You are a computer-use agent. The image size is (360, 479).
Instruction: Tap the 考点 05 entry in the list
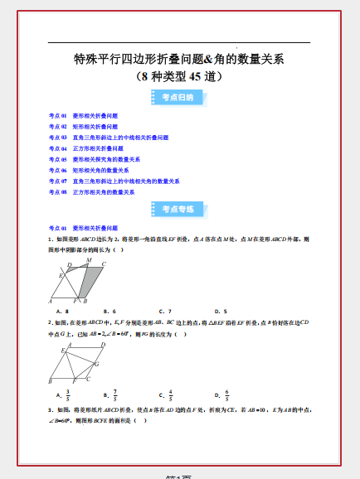point(95,159)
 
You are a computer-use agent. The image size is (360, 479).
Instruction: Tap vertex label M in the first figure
point(89,260)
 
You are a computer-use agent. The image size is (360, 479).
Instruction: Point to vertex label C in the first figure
point(104,264)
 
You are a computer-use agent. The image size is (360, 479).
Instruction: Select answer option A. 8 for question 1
point(61,312)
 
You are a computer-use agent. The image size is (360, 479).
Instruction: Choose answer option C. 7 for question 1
point(165,312)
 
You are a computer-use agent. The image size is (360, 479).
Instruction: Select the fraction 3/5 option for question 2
point(64,394)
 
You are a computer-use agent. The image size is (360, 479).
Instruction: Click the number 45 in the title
point(197,76)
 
